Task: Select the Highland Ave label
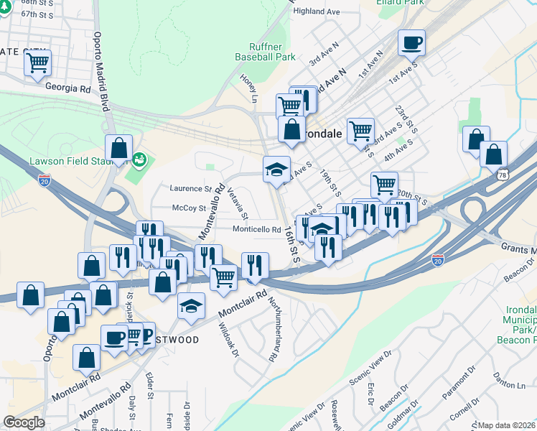point(317,12)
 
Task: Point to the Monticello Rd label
point(256,230)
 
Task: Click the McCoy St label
point(190,208)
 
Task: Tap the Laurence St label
point(190,188)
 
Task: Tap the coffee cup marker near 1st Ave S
point(411,43)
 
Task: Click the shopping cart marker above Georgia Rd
point(37,62)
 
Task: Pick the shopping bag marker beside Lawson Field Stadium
point(118,149)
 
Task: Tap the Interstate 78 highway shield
point(502,175)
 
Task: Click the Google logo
point(24,422)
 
